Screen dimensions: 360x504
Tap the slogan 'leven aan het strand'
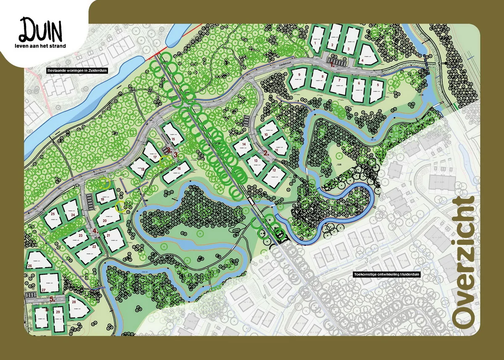pos(40,45)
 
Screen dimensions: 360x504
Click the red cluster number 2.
pos(266,153)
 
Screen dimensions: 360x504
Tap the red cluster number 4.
pos(95,231)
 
